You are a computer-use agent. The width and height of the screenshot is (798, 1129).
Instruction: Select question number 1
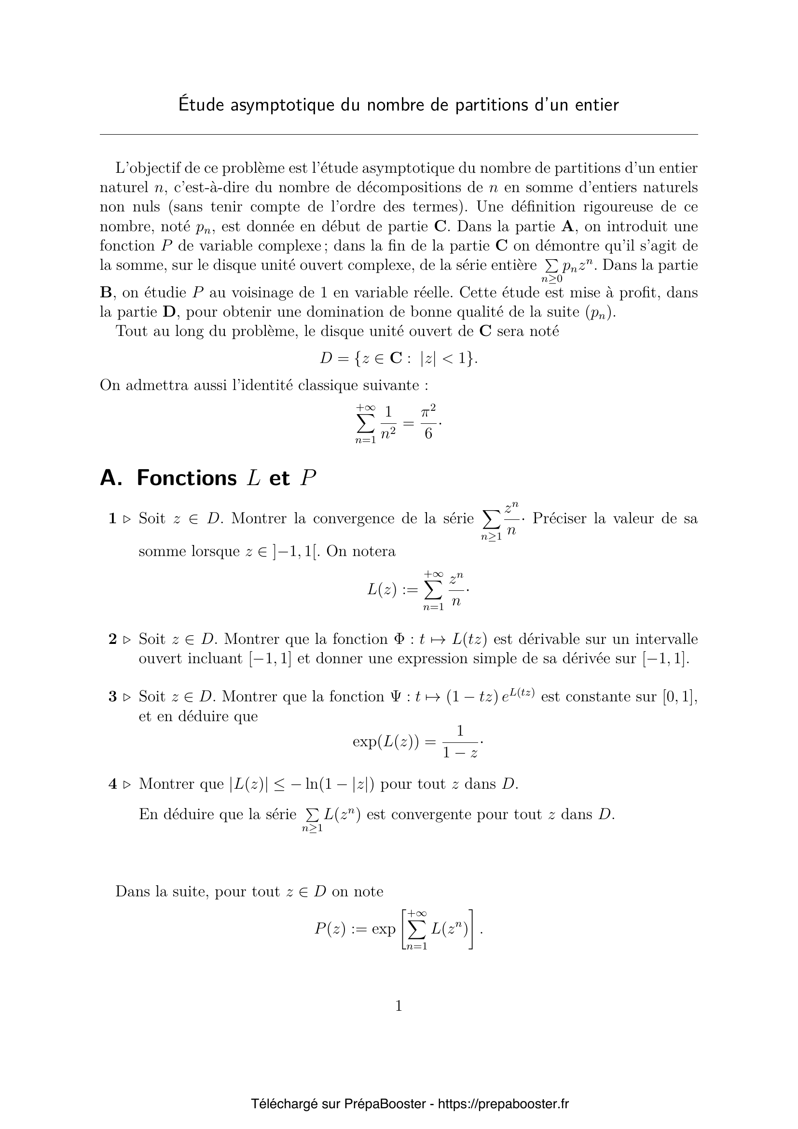pyautogui.click(x=112, y=518)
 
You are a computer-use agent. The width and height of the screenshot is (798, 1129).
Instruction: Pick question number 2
pyautogui.click(x=112, y=639)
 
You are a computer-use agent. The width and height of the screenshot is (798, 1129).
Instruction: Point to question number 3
pyautogui.click(x=112, y=697)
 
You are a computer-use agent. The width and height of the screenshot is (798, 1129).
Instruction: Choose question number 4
pyautogui.click(x=112, y=784)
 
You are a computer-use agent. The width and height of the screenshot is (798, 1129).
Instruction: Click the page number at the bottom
pyautogui.click(x=399, y=1006)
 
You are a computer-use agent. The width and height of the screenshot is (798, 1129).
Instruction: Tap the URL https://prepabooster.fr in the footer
pyautogui.click(x=503, y=1104)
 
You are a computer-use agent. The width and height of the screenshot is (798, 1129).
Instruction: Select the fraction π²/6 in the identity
pyautogui.click(x=428, y=422)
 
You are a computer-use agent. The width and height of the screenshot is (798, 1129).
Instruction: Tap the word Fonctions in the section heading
pyautogui.click(x=187, y=478)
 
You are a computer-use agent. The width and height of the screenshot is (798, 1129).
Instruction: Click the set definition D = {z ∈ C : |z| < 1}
pyautogui.click(x=399, y=359)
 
